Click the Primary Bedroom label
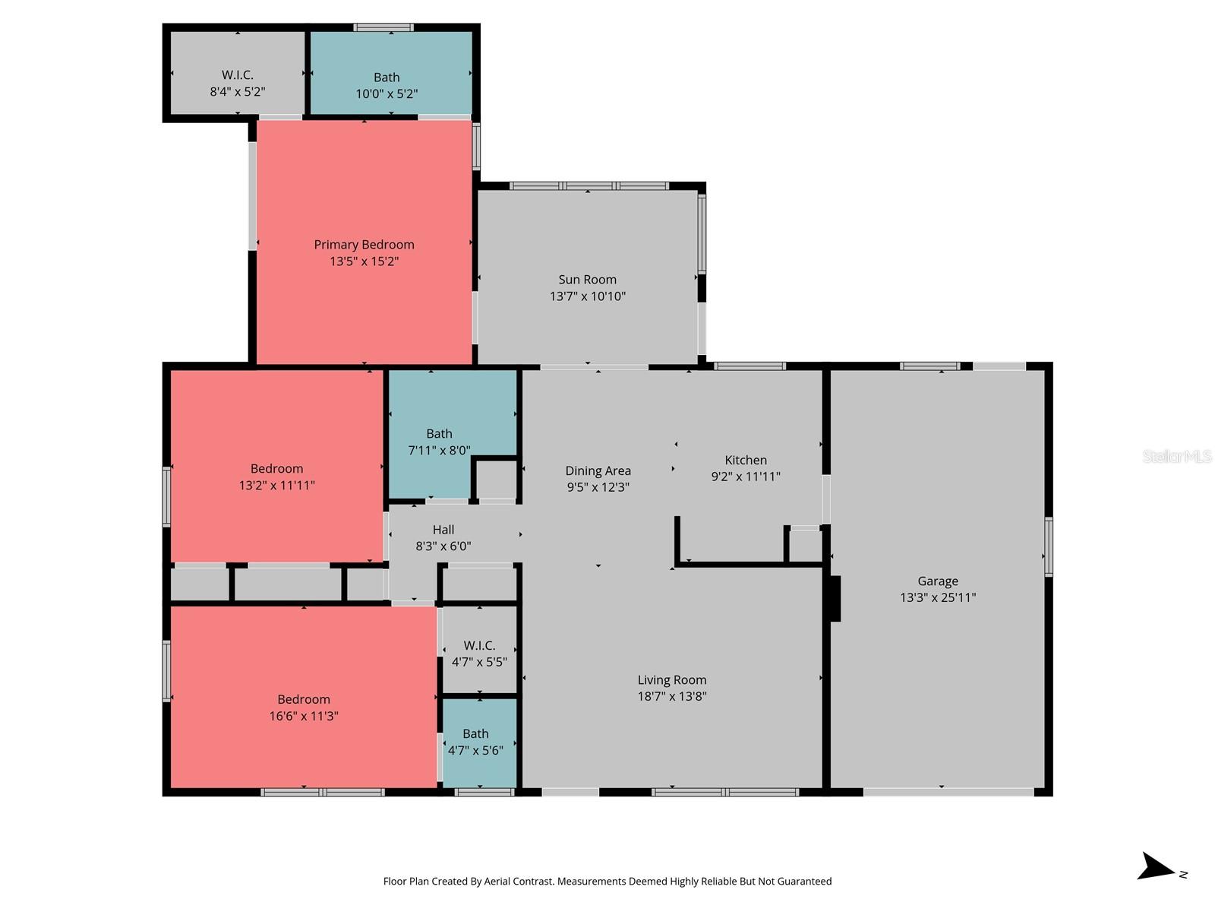(364, 245)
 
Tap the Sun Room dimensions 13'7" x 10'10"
(587, 296)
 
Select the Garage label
(937, 581)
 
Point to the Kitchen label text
(745, 460)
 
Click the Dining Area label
(598, 471)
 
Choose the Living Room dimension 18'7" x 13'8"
(671, 696)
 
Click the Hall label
(443, 530)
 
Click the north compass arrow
(1156, 867)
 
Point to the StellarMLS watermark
(1176, 456)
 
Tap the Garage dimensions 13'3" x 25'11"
(937, 598)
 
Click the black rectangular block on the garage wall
(835, 599)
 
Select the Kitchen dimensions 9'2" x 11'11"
(745, 477)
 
